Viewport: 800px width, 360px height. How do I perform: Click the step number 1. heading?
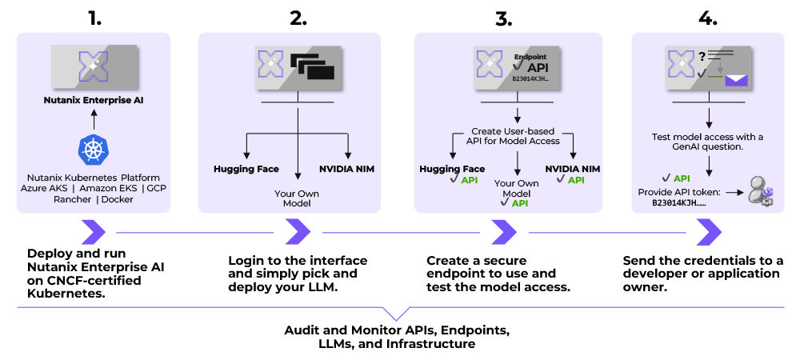pos(95,18)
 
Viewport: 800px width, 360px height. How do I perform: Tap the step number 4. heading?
pos(708,18)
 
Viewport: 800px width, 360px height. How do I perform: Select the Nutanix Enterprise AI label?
pos(94,102)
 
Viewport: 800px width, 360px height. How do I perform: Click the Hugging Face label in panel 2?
pos(246,169)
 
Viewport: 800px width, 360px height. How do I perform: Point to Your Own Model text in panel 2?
pos(298,198)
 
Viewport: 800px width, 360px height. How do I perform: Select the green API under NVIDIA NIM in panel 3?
pos(576,181)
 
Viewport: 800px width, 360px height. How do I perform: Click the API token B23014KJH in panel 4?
pos(679,203)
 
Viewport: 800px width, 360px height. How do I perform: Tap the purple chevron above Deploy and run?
pos(94,233)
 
